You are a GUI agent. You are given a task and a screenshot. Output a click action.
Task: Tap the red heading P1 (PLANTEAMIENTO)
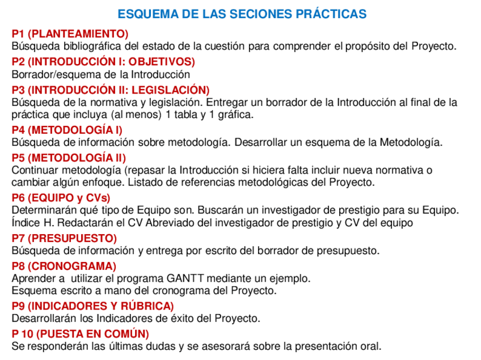click(70, 34)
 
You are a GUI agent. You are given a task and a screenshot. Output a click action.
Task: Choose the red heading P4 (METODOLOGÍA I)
click(67, 130)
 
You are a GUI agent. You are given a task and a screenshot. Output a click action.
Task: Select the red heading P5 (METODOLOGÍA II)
click(69, 158)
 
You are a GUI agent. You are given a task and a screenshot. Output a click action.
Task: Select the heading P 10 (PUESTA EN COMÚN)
click(80, 334)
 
